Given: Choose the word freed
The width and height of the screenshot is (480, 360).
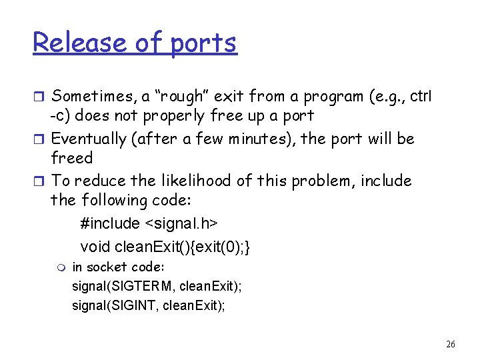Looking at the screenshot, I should pyautogui.click(x=71, y=158).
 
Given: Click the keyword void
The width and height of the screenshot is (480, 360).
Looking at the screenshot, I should pyautogui.click(x=95, y=247).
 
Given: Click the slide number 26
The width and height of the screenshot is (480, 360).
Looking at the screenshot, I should pyautogui.click(x=451, y=345).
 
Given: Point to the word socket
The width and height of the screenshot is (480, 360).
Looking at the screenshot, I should pyautogui.click(x=105, y=267).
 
